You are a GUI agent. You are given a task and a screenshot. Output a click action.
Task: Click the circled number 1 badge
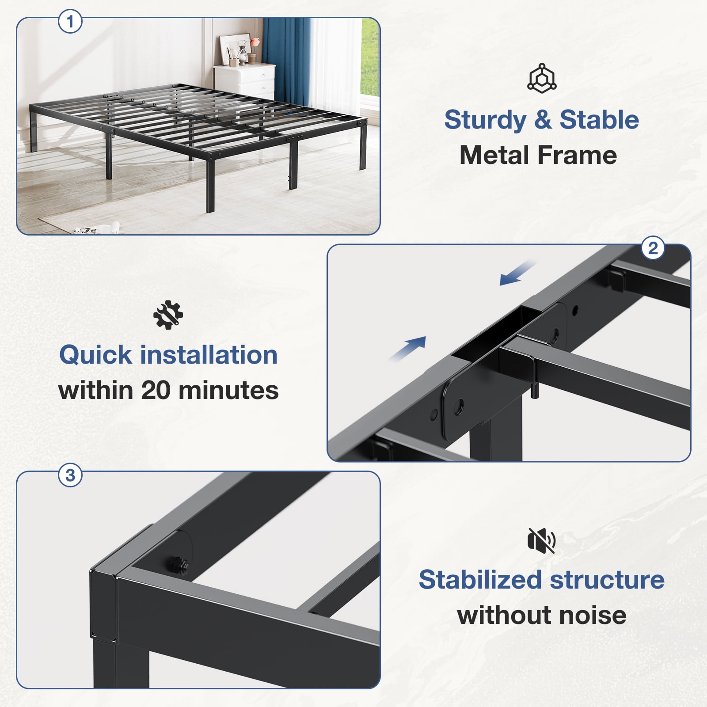pos(70,21)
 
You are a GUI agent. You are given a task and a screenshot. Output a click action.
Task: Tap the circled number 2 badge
pos(653,248)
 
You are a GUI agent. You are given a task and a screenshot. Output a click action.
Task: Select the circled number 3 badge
pos(70,475)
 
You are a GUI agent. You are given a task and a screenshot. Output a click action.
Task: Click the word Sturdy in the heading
pos(485,120)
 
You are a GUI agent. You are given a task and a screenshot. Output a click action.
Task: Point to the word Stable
pos(599,120)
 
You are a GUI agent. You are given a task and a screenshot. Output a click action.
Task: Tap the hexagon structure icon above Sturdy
pos(542,78)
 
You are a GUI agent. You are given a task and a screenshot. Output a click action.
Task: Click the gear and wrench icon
pos(168,315)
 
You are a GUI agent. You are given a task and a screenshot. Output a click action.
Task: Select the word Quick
pos(95,355)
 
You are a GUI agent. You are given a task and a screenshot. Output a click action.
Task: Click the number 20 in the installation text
pos(156,391)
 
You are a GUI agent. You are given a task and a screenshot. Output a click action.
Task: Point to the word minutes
pos(229,391)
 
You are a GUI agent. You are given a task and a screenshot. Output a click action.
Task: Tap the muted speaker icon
pos(542,540)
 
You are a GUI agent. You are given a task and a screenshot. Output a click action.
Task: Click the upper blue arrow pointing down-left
pos(518,273)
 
